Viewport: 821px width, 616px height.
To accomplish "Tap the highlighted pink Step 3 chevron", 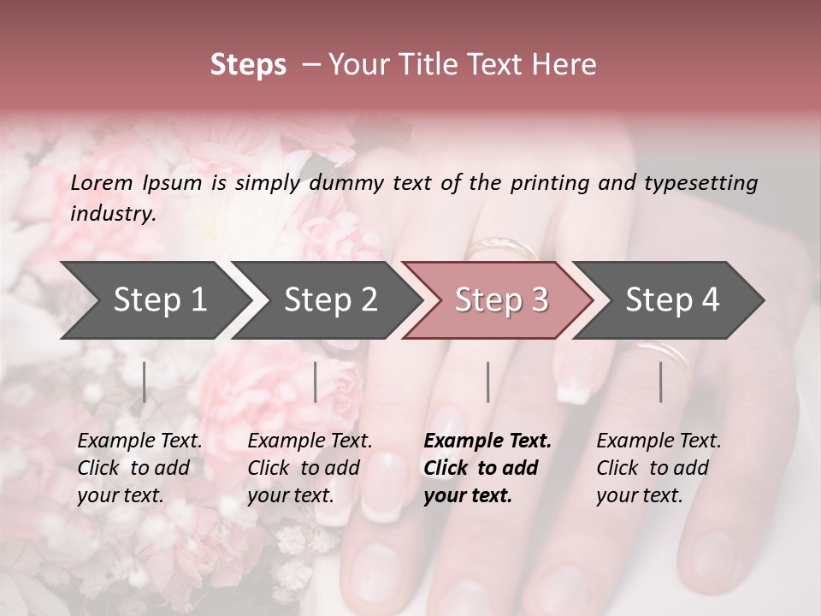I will (501, 300).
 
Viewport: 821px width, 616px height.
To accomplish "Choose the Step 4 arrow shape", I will (672, 300).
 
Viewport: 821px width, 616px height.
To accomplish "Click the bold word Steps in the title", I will (248, 65).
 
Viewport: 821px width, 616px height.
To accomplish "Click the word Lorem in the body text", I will (101, 183).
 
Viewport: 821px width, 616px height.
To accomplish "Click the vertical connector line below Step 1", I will (145, 382).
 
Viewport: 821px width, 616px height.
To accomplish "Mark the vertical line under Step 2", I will (316, 382).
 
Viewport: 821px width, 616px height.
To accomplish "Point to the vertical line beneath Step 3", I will (487, 382).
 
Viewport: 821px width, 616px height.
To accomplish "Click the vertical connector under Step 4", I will (660, 382).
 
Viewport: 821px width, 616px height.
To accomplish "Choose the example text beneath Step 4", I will (659, 468).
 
